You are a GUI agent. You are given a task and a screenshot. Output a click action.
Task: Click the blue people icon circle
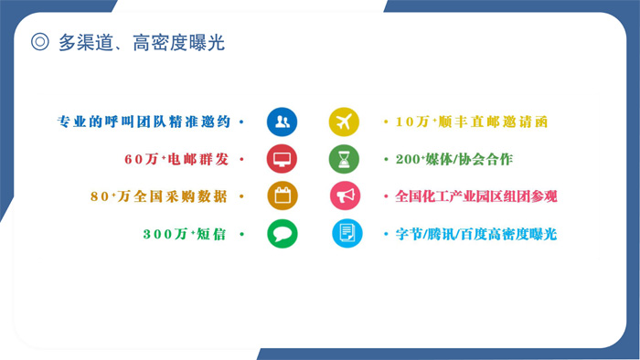tap(282, 122)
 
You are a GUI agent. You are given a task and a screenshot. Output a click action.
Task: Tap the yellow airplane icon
tap(345, 122)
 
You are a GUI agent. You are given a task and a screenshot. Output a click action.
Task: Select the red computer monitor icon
tap(282, 159)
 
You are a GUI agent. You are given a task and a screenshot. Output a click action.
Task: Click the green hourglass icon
tap(345, 159)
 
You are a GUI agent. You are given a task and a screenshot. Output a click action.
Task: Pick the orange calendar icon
tap(282, 196)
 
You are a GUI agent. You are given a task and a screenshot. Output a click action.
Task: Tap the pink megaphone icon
tap(345, 196)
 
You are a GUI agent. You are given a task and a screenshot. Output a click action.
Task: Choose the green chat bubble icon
tap(282, 234)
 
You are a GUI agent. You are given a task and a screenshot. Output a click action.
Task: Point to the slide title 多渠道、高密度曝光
tap(141, 42)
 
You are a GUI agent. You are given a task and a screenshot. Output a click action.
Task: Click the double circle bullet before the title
tap(39, 42)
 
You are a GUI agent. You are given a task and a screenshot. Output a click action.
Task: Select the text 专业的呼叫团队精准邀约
tap(145, 122)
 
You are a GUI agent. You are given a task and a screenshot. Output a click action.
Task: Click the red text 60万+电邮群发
tap(177, 159)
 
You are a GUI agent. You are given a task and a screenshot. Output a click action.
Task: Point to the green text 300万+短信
tap(187, 234)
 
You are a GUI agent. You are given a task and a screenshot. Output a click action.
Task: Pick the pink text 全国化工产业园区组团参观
tap(476, 196)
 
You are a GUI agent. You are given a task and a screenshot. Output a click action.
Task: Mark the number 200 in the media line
tap(407, 159)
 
